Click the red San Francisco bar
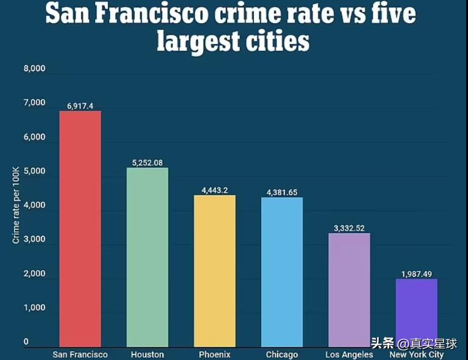pos(80,229)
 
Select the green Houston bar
pos(147,257)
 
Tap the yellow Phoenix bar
pos(214,271)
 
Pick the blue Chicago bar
pos(282,272)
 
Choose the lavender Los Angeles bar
pos(349,290)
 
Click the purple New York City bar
pos(416,313)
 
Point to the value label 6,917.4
pos(80,106)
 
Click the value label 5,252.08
pos(147,163)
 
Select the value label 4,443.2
pos(214,190)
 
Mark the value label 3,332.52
pos(349,228)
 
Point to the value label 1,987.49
pos(416,274)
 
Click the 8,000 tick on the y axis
pos(34,69)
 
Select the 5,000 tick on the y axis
pos(34,171)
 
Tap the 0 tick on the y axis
pos(26,342)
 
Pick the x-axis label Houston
pos(147,355)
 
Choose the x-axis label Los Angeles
pos(349,355)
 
